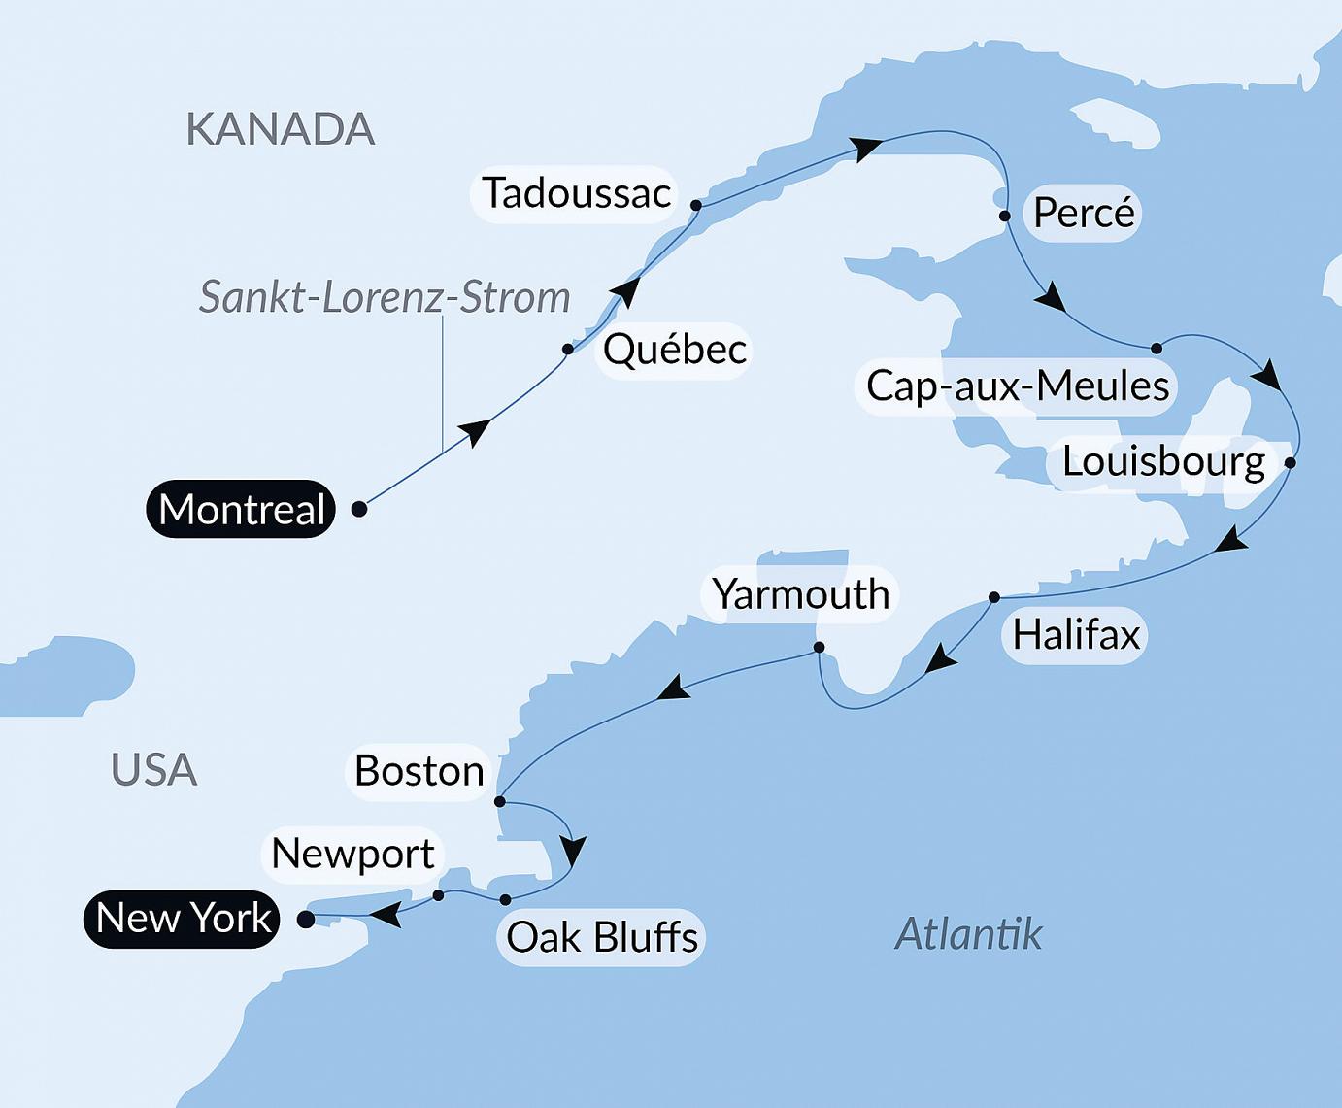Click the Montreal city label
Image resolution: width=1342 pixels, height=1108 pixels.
(x=241, y=509)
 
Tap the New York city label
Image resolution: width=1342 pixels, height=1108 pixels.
(x=183, y=919)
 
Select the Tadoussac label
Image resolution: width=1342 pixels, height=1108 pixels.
(x=576, y=193)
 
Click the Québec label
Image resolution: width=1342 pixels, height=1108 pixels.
(x=674, y=350)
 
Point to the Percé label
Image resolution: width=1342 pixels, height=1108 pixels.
(x=1083, y=213)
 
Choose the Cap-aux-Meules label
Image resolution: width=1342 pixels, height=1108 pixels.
(x=1017, y=386)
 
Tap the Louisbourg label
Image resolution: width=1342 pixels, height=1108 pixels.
(x=1162, y=461)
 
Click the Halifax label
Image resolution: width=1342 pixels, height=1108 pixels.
(x=1075, y=635)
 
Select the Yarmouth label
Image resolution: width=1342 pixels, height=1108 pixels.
(x=800, y=594)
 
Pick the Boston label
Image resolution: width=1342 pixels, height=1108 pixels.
(x=419, y=772)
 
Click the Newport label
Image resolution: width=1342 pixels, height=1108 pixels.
(x=352, y=855)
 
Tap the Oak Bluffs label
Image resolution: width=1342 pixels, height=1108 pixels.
(x=601, y=938)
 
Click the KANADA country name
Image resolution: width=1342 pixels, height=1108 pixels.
(x=280, y=129)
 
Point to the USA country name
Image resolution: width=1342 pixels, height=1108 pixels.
(x=153, y=770)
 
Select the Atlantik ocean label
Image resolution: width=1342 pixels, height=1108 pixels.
(x=968, y=934)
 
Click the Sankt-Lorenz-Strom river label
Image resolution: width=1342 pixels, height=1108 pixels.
(x=385, y=297)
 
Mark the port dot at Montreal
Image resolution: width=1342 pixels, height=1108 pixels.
(x=359, y=509)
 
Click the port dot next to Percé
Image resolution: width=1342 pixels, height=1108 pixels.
(x=1005, y=216)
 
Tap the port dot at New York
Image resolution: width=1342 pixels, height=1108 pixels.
(x=306, y=919)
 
